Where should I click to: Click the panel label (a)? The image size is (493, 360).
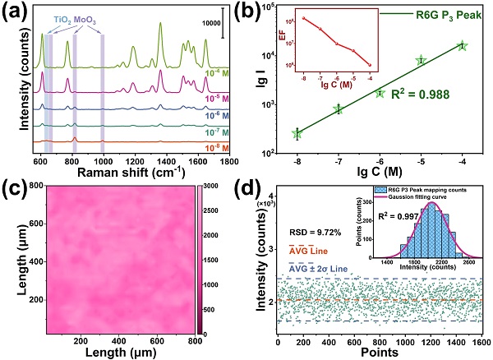click(x=16, y=12)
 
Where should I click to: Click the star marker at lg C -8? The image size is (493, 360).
click(x=297, y=133)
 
